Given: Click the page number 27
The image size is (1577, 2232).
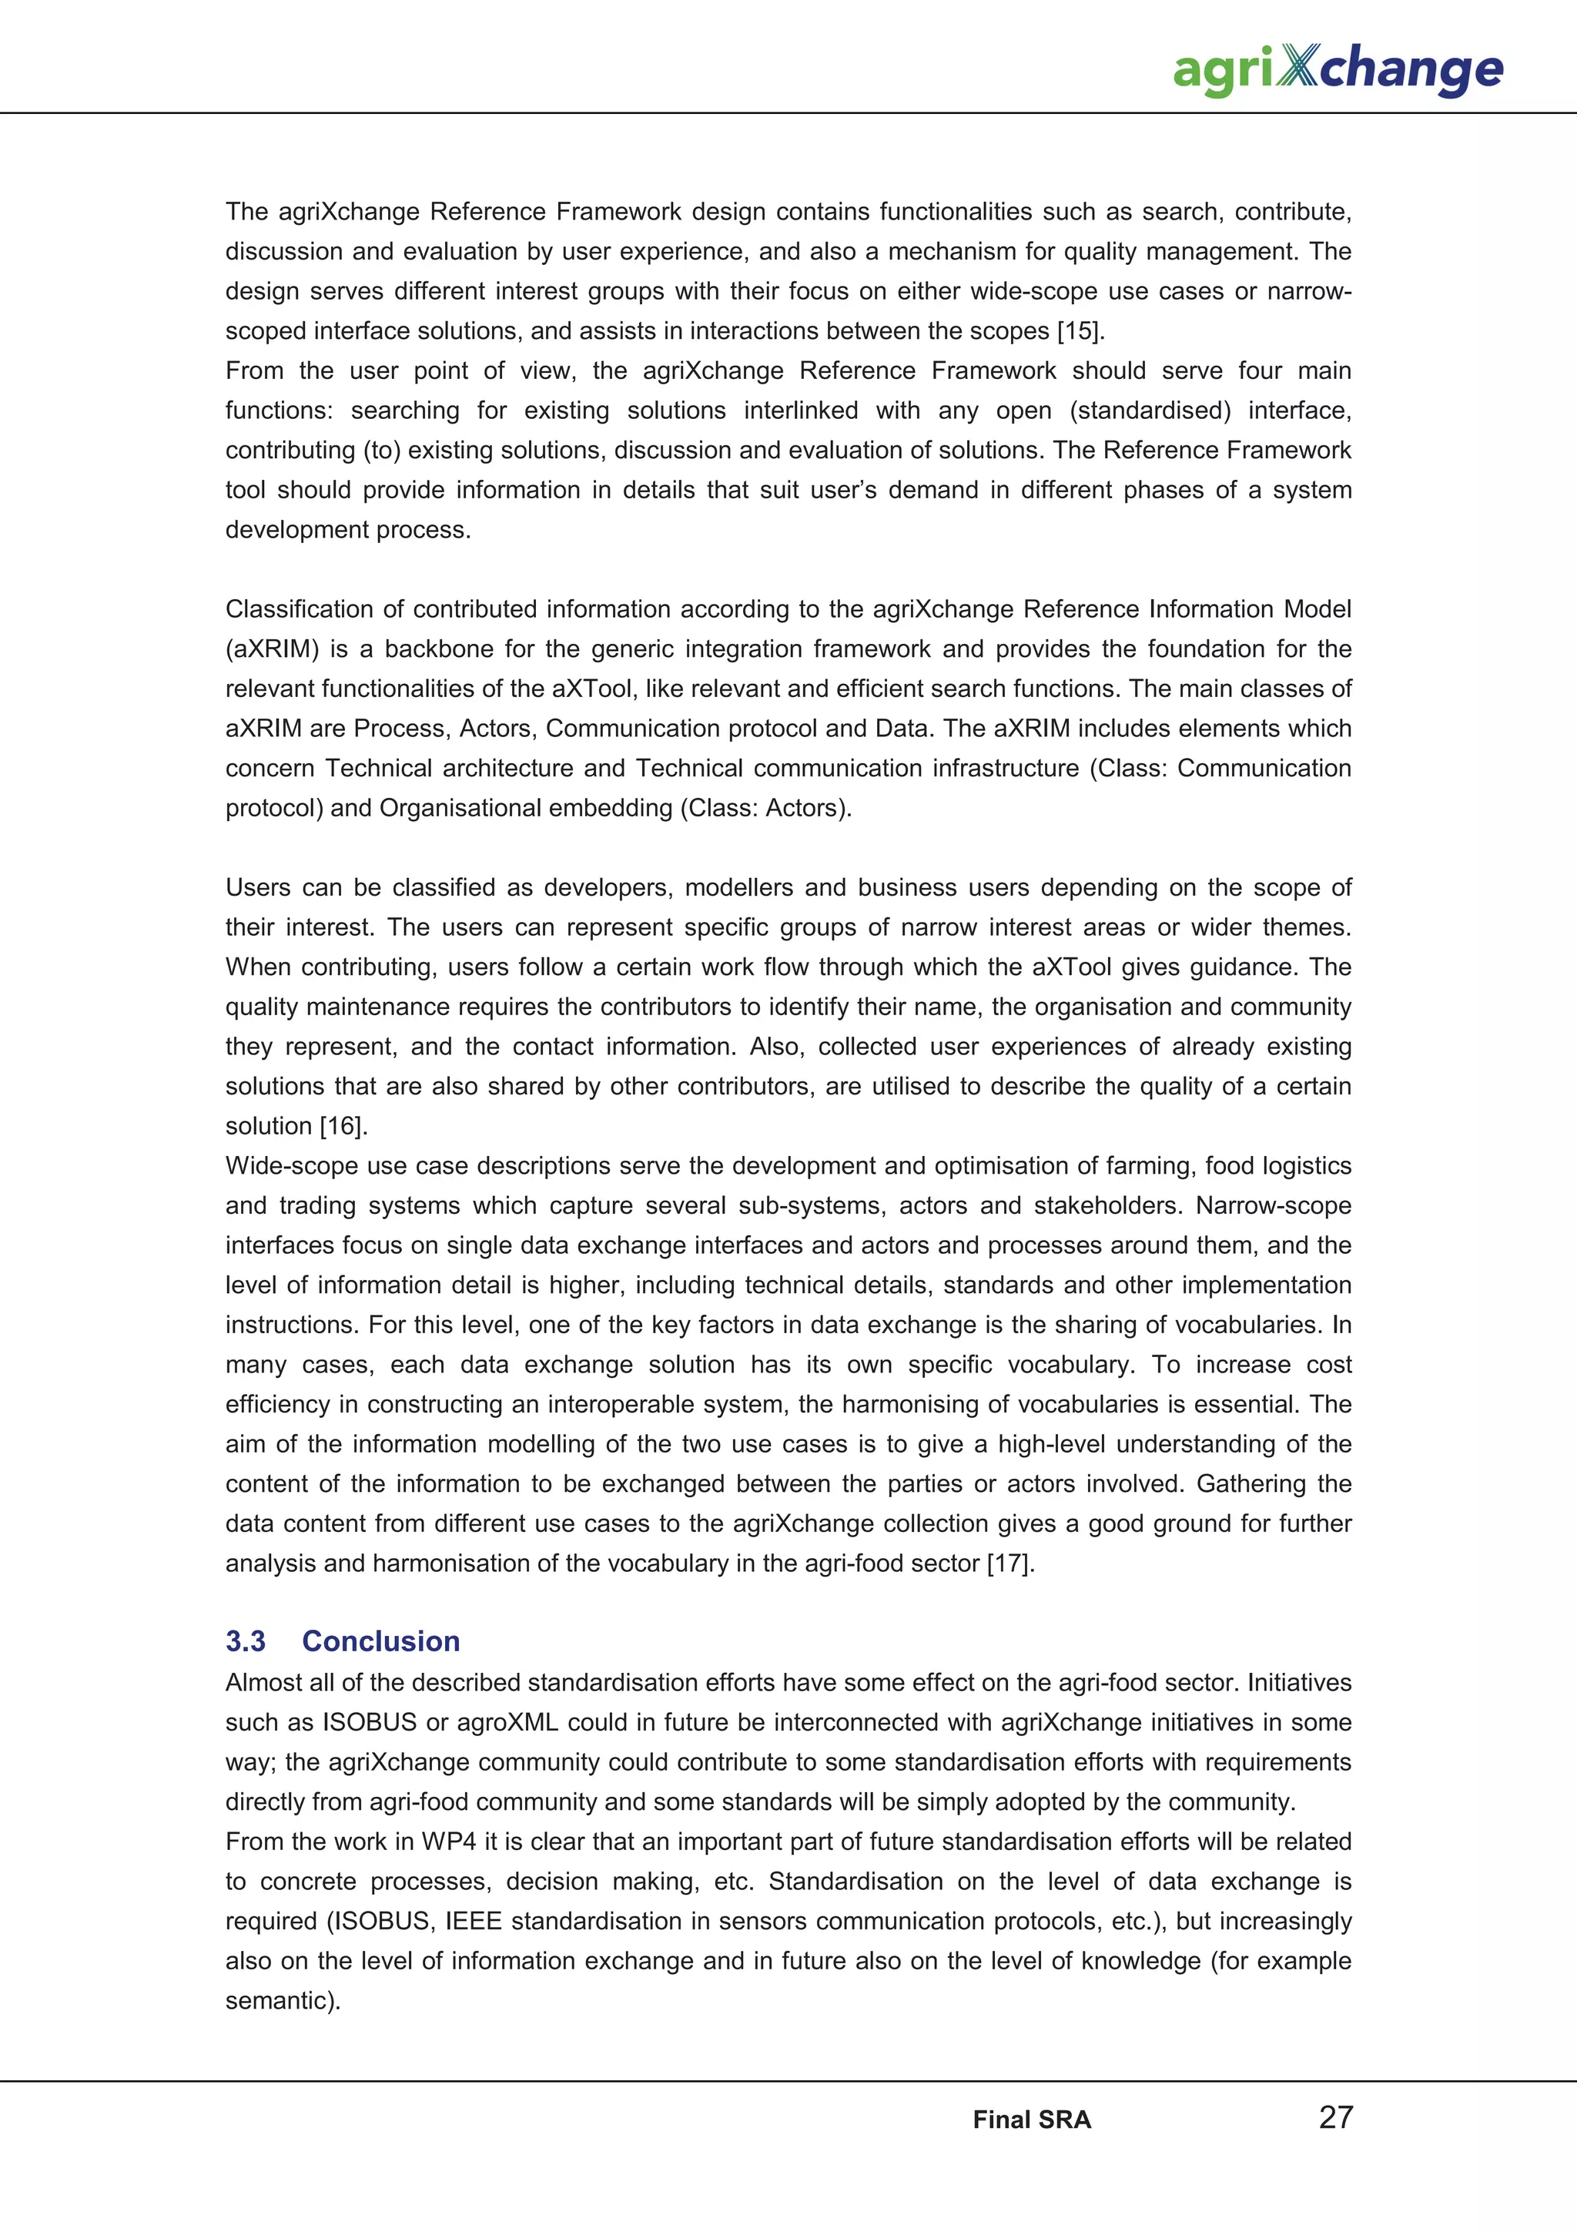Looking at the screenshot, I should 1336,2116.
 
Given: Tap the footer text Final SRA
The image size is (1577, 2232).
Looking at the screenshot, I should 1032,2120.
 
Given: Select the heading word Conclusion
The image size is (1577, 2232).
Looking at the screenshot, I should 381,1641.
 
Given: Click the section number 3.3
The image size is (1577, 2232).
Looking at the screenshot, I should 246,1641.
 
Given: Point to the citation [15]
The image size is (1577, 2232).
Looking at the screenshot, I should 1080,330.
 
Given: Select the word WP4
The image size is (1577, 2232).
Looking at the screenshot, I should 449,1842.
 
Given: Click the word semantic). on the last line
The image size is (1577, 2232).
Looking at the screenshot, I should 283,2001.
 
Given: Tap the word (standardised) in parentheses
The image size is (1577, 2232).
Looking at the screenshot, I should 1150,411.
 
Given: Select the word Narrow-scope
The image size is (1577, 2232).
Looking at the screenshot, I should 1273,1205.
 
